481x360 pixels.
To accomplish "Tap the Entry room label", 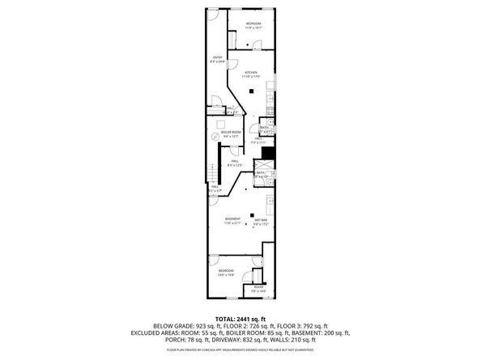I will coord(217,58).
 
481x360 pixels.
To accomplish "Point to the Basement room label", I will coord(232,221).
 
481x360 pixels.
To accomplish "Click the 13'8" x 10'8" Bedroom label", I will coord(226,272).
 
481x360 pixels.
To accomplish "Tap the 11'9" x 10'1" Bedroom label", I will coord(253,25).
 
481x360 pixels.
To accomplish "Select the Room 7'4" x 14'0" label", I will coord(258,289).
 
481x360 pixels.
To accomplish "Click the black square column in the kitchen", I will coord(253,91).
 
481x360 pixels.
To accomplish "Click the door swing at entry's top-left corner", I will coord(211,15).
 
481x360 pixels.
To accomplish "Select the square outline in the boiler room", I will coord(218,122).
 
